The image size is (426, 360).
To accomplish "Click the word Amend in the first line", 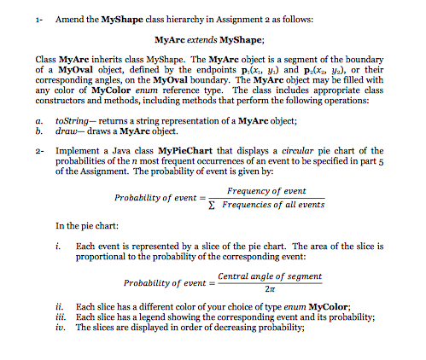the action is [x=69, y=18].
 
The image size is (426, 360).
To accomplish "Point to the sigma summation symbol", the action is [x=214, y=205].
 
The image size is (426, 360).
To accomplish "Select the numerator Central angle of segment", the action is [x=271, y=276].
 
